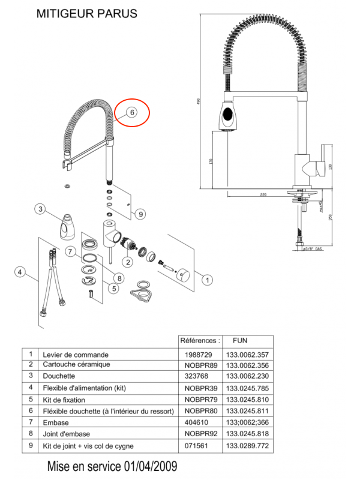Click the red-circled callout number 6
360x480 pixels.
pyautogui.click(x=131, y=112)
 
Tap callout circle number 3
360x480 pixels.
pyautogui.click(x=40, y=209)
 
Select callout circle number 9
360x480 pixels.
pyautogui.click(x=139, y=214)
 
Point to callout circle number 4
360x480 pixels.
pyautogui.click(x=20, y=273)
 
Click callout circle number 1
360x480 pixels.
pyautogui.click(x=207, y=279)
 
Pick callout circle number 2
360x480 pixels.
pyautogui.click(x=128, y=262)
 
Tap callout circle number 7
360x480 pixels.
pyautogui.click(x=70, y=251)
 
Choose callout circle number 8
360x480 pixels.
pyautogui.click(x=119, y=278)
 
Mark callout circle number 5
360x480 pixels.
pyautogui.click(x=113, y=289)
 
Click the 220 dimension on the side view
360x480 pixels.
pyautogui.click(x=263, y=195)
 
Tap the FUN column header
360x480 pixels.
pyautogui.click(x=239, y=340)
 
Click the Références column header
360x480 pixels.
pyautogui.click(x=200, y=340)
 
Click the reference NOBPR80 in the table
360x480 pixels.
pyautogui.click(x=199, y=411)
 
